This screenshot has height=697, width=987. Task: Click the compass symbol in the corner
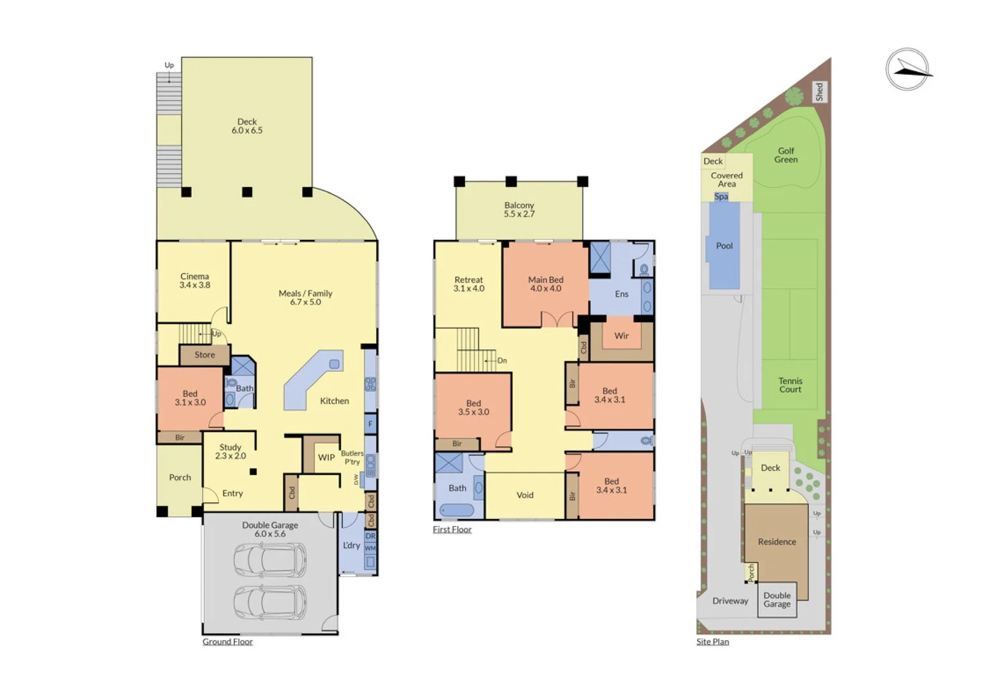pos(908,69)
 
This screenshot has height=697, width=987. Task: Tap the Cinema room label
pos(194,281)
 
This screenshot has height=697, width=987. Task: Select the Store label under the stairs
pos(205,355)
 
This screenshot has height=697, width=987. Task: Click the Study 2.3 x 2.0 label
pos(231,451)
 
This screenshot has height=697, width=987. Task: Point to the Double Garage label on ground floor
pos(270,529)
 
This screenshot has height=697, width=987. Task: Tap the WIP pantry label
pos(326,458)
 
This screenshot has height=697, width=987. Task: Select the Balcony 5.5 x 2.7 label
pos(519,210)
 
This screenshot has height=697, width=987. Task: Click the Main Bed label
pos(546,284)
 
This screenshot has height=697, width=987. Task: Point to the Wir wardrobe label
pos(621,336)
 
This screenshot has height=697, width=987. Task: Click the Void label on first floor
pos(525,496)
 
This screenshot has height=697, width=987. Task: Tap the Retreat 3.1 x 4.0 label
pos(469,284)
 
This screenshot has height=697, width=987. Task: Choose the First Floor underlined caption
pos(452,530)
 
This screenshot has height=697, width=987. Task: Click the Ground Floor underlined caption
pos(227,642)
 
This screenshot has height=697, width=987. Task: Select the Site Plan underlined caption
pos(712,642)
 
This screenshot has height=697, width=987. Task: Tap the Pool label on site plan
pos(724,246)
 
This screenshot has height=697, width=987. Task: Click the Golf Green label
pos(786,156)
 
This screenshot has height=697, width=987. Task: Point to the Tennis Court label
pos(790,385)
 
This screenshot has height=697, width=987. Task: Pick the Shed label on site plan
pos(819,92)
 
